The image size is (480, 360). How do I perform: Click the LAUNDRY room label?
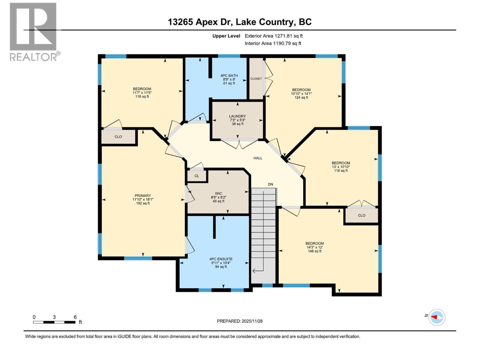(237, 116)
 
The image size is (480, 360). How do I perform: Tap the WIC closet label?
(218, 193)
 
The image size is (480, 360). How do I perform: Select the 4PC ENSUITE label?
(221, 259)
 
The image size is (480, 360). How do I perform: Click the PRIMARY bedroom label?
(143, 196)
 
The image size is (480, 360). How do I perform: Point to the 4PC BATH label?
(229, 76)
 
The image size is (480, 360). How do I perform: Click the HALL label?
(258, 158)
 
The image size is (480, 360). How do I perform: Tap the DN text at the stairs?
(271, 184)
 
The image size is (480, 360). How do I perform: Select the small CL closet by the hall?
(196, 176)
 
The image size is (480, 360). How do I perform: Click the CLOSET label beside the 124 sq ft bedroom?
(256, 79)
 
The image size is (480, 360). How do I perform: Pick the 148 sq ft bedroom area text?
(314, 251)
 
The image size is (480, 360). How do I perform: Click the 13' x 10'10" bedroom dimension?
(340, 167)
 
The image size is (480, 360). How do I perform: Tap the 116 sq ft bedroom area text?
(142, 96)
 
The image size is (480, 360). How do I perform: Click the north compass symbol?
(436, 317)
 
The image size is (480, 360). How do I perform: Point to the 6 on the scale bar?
(75, 317)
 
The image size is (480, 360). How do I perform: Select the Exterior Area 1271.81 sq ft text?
(274, 36)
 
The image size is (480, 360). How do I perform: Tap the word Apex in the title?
(207, 22)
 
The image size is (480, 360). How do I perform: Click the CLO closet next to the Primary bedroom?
(118, 137)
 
